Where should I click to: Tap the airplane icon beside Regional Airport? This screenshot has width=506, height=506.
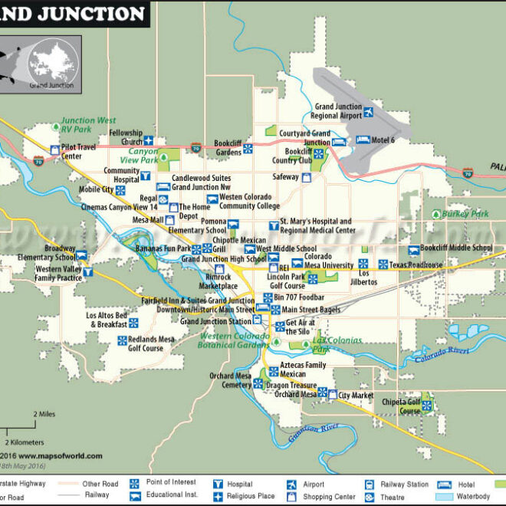pyautogui.click(x=368, y=112)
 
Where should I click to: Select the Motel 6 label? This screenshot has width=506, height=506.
pyautogui.click(x=383, y=140)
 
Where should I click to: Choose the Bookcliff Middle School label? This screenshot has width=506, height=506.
pyautogui.click(x=461, y=248)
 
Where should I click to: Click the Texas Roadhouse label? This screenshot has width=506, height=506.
pyautogui.click(x=416, y=265)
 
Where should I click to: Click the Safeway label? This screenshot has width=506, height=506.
pyautogui.click(x=286, y=177)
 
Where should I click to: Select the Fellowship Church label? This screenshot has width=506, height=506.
pyautogui.click(x=126, y=136)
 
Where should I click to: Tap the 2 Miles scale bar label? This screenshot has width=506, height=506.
pyautogui.click(x=44, y=414)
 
